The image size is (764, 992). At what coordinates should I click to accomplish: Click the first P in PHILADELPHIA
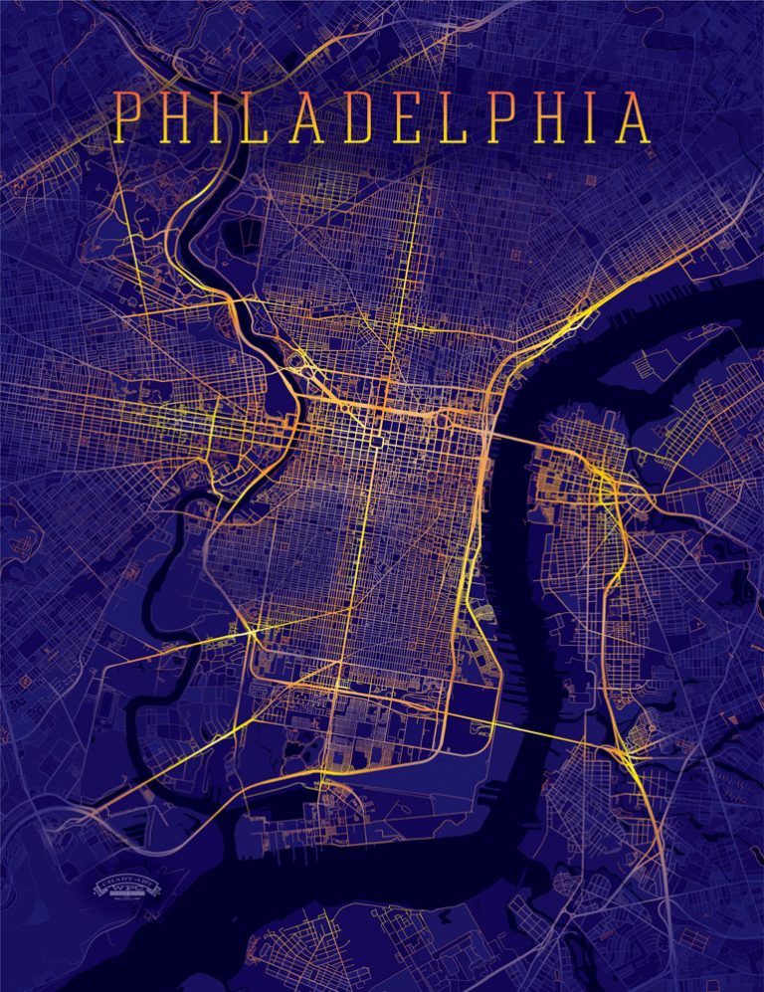point(123,117)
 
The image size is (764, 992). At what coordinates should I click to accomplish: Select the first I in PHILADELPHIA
point(211,117)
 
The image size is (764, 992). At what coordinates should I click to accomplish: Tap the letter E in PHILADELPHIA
point(397,117)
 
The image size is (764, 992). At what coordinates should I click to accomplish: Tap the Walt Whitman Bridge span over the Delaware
point(537,732)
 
